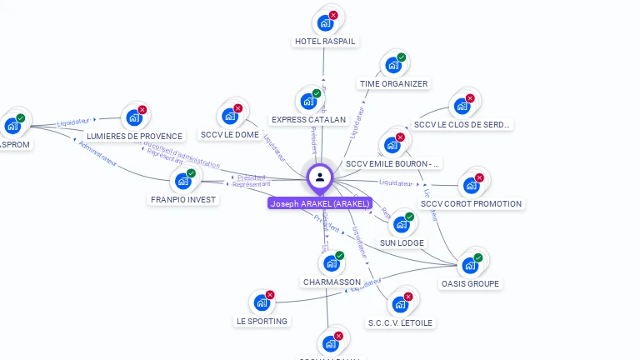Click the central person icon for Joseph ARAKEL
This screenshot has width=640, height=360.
pyautogui.click(x=320, y=177)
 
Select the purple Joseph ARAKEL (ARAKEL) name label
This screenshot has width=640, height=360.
pyautogui.click(x=319, y=203)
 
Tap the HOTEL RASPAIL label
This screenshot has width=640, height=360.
pyautogui.click(x=325, y=41)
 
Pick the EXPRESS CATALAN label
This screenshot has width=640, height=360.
pyautogui.click(x=308, y=119)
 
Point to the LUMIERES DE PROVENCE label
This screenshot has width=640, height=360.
pyautogui.click(x=134, y=136)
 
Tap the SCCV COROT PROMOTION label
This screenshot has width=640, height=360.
pyautogui.click(x=471, y=203)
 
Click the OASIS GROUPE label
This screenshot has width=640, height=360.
pyautogui.click(x=470, y=283)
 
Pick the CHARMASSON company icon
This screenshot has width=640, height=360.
pyautogui.click(x=331, y=263)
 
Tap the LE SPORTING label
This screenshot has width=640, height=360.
pyautogui.click(x=262, y=321)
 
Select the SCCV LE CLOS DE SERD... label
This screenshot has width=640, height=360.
pyautogui.click(x=462, y=125)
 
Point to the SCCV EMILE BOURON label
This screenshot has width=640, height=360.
pyautogui.click(x=393, y=164)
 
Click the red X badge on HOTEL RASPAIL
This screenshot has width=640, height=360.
pyautogui.click(x=333, y=15)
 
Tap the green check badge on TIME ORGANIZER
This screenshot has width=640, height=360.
pyautogui.click(x=402, y=57)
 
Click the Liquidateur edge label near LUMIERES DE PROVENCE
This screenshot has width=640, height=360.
pyautogui.click(x=72, y=122)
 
